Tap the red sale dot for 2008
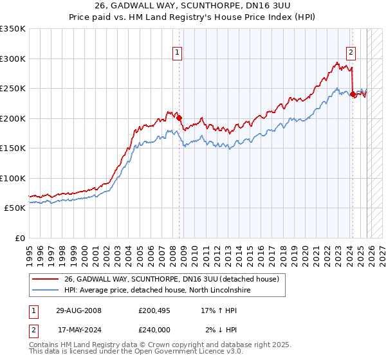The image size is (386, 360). click(x=179, y=118)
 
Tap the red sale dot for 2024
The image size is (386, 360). click(x=353, y=94)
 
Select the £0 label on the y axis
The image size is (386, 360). click(x=19, y=238)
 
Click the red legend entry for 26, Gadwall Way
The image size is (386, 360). click(x=171, y=279)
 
